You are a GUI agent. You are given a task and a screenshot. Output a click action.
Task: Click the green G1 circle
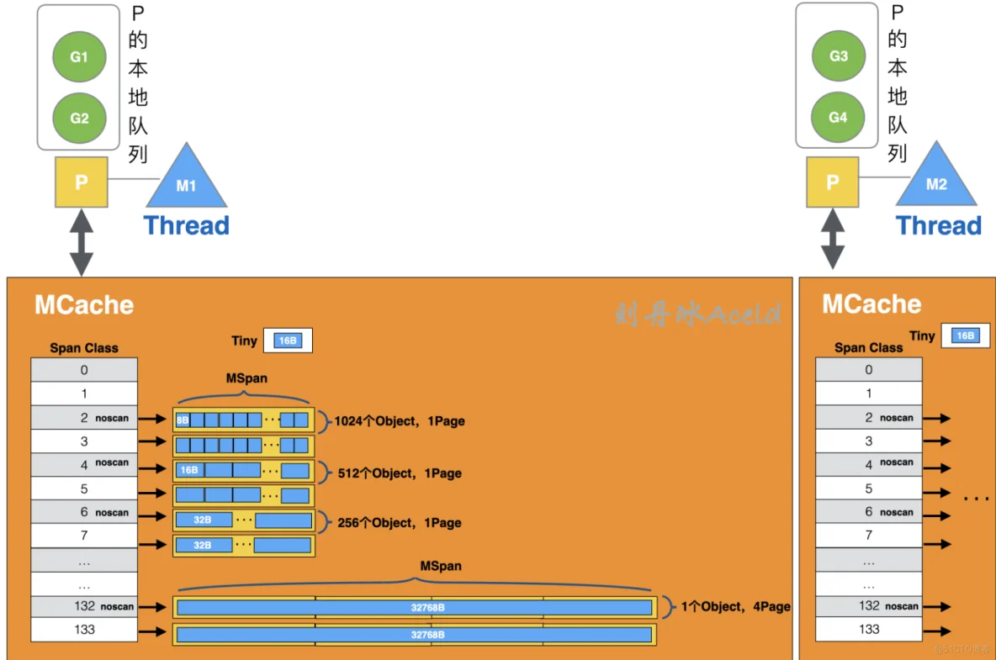(x=79, y=57)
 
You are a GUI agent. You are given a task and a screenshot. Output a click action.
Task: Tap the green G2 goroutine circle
(x=79, y=118)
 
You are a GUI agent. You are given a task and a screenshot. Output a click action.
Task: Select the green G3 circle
(x=838, y=57)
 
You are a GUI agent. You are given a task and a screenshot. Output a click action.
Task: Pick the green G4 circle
(x=838, y=118)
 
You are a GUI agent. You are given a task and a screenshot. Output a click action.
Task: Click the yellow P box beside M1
(x=82, y=182)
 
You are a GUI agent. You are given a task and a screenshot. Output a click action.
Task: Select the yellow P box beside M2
(x=833, y=182)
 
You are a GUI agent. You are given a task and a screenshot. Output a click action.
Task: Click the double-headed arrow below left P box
(x=82, y=242)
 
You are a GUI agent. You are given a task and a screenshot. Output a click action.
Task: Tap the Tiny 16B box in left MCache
(x=288, y=341)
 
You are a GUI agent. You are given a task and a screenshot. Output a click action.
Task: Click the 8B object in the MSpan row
(x=183, y=420)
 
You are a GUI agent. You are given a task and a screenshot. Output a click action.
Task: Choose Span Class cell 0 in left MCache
(x=84, y=369)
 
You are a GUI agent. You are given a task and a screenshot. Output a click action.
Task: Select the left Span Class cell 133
(x=84, y=630)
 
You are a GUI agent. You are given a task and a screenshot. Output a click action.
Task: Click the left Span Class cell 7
(x=84, y=536)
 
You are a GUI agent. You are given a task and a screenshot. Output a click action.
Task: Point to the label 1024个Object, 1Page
(x=400, y=421)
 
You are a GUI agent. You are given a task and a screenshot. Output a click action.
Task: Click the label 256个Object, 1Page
(x=400, y=523)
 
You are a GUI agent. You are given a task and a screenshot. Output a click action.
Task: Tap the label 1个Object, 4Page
(x=734, y=606)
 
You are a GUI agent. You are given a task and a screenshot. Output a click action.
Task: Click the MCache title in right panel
(x=871, y=304)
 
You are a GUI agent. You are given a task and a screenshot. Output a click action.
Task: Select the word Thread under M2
(x=938, y=225)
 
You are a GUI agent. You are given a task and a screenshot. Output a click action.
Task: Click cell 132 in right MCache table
(x=869, y=606)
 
